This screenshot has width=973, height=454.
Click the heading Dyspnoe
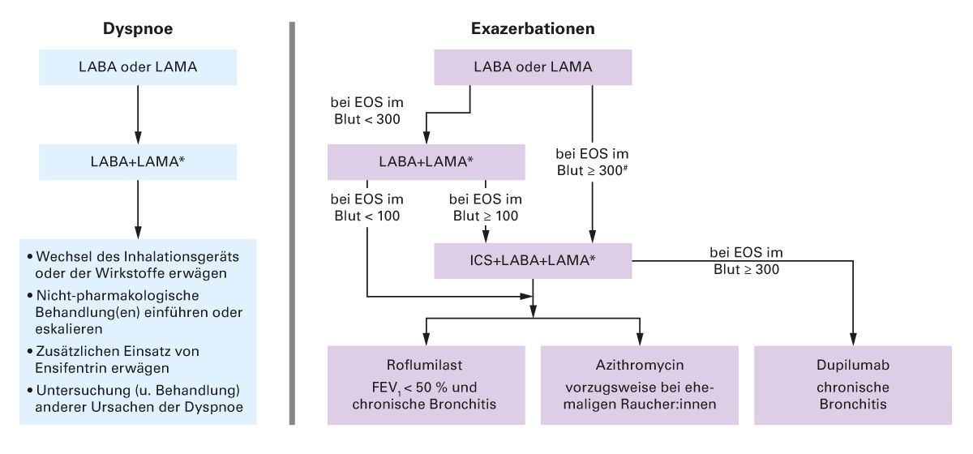pos(138,28)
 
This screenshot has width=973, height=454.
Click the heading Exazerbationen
pos(533,28)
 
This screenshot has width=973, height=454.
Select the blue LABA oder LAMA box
pos(138,66)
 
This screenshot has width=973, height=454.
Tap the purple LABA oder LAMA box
pos(533,66)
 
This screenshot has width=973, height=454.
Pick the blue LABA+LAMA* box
pos(138,161)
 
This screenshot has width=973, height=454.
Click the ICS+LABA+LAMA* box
pos(532,261)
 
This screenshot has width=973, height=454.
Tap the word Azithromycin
pos(640,365)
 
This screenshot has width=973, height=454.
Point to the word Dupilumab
pos(854,365)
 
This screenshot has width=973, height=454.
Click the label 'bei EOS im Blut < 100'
pos(367,208)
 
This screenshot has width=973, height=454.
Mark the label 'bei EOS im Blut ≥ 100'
pos(486,208)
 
